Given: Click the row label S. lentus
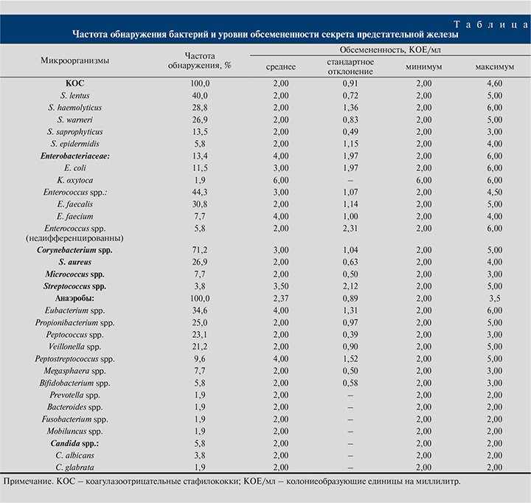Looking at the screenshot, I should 74,96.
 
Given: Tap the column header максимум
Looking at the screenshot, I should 496,66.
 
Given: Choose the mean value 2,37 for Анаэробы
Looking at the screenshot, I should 280,297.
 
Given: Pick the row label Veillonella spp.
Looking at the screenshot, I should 74,345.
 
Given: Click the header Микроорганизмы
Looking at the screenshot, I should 74,60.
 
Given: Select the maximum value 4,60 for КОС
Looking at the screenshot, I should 496,84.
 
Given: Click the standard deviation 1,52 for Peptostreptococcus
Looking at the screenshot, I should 350,357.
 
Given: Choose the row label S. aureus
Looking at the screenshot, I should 74,262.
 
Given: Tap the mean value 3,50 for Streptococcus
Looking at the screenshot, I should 280,285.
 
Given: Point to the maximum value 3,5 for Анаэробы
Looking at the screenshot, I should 496,297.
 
